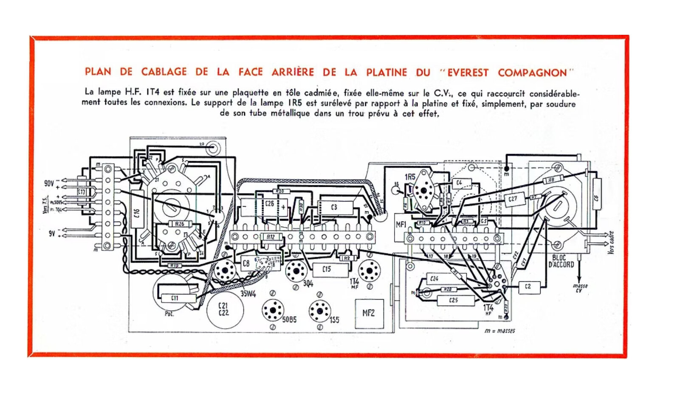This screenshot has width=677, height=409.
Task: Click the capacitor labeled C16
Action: (137, 211)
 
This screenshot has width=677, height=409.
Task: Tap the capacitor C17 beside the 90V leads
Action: (82, 192)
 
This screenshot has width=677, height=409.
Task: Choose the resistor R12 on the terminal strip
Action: (271, 237)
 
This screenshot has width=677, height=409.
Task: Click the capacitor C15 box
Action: (327, 269)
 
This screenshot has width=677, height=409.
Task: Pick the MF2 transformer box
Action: (369, 314)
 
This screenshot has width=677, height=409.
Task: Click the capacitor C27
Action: (513, 199)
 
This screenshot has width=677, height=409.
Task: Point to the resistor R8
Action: (551, 180)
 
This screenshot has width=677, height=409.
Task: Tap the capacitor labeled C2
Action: (528, 286)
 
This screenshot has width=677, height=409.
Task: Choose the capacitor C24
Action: (434, 279)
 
